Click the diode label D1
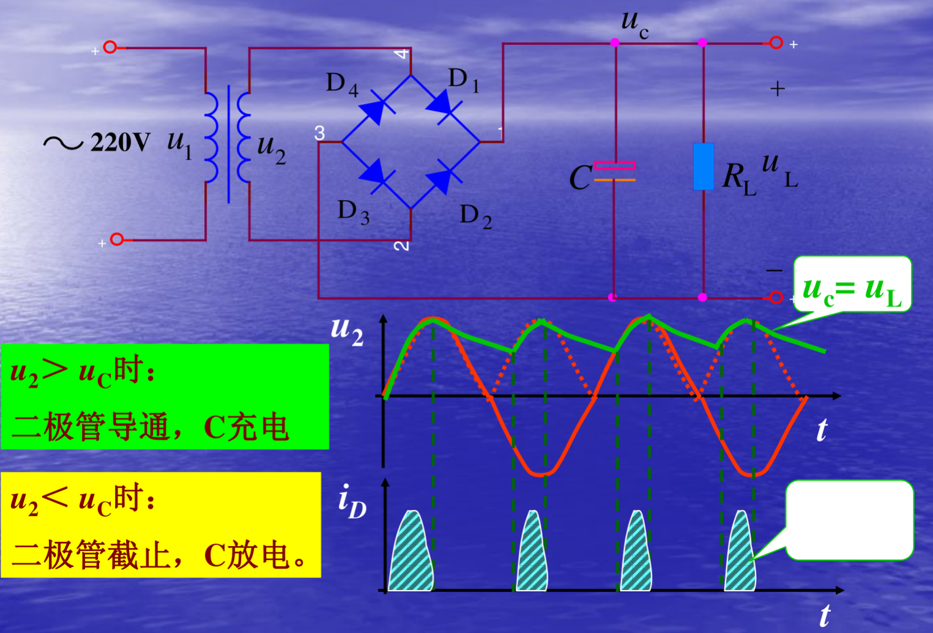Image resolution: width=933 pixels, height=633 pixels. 463,80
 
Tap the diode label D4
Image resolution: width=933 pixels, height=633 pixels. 342,84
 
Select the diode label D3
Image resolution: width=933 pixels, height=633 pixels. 353,212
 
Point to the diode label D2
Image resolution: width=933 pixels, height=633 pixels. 475,216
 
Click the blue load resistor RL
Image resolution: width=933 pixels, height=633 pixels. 703,166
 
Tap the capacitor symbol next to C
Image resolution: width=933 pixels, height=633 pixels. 614,172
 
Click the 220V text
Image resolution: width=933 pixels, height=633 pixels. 120,143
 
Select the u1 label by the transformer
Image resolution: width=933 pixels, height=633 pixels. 179,144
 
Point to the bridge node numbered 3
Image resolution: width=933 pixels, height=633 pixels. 319,133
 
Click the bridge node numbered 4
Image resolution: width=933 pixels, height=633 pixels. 401,54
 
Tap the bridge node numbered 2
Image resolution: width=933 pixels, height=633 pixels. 401,245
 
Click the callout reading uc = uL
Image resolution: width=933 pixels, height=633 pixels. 852,286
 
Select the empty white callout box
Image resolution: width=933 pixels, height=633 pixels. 849,519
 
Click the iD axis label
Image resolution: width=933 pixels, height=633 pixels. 352,501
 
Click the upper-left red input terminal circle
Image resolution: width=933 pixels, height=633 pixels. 110,47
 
